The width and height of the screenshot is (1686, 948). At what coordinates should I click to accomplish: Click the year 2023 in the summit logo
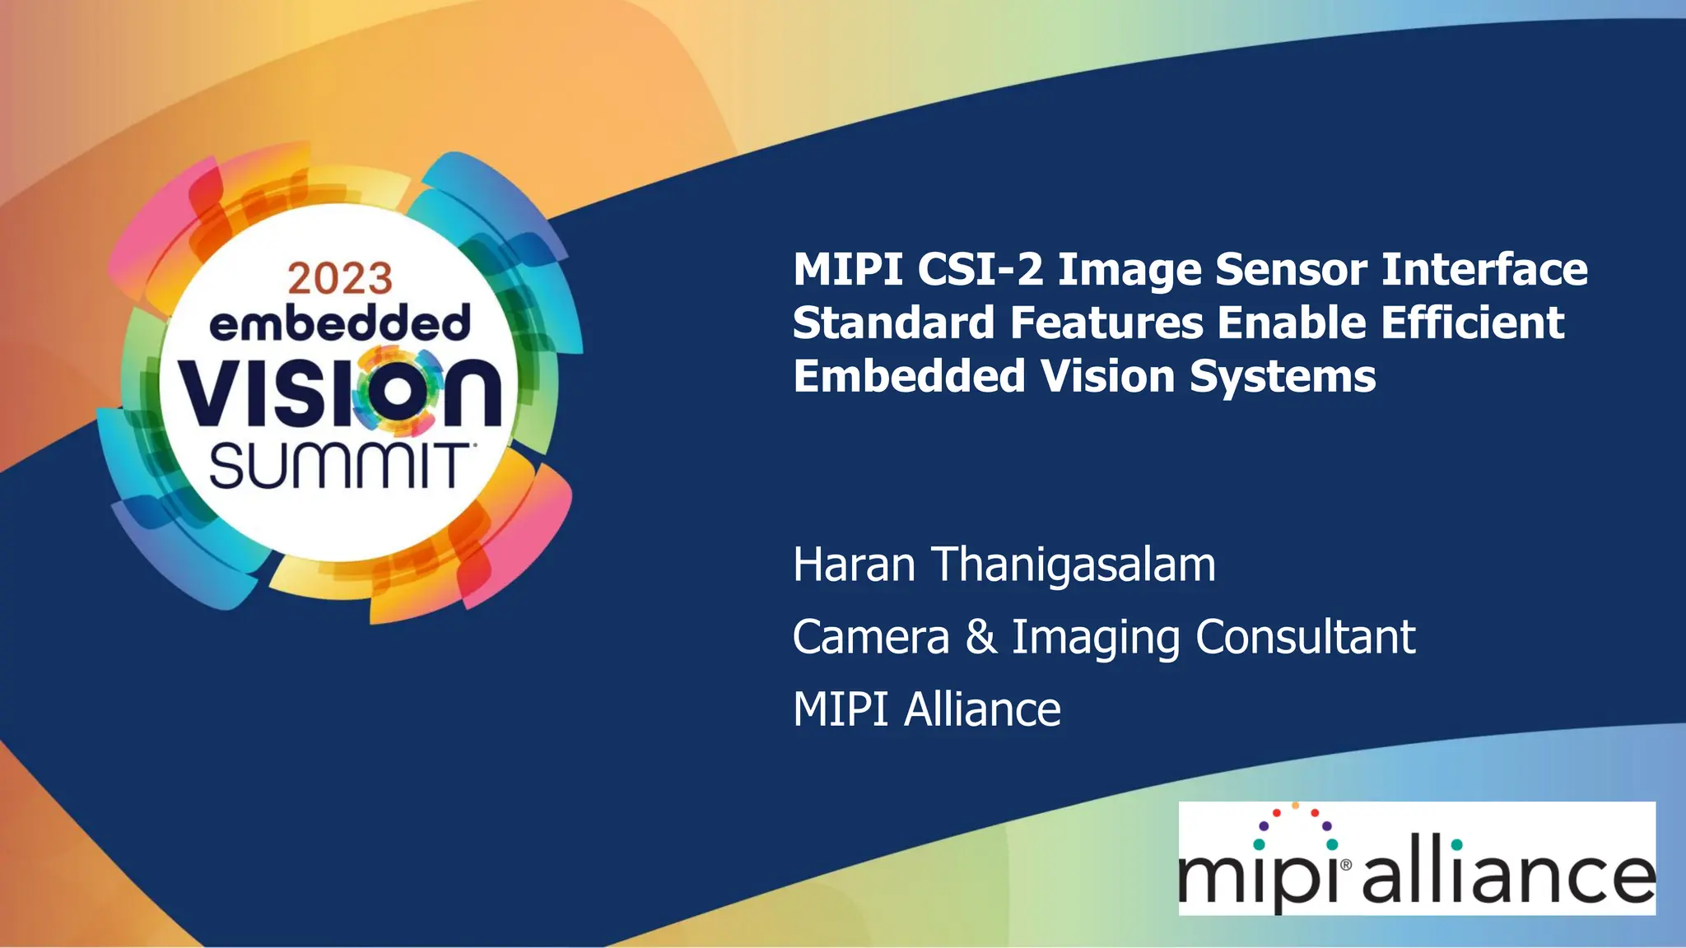point(340,279)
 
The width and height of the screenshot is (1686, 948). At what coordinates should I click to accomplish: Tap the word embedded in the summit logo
point(340,323)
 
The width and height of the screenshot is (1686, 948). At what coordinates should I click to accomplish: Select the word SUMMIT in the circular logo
point(338,467)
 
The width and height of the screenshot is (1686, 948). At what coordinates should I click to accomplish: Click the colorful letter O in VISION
point(397,391)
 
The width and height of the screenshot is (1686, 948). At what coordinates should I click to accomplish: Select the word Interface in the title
point(1484,269)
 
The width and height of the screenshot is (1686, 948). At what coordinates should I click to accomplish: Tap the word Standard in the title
point(893,323)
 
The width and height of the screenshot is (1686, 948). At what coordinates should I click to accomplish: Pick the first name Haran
point(854,565)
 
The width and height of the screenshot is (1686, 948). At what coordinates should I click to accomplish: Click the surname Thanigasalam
point(1074,565)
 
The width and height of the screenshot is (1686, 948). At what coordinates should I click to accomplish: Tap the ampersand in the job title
point(980,637)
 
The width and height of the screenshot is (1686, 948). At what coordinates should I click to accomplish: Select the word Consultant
point(1305,637)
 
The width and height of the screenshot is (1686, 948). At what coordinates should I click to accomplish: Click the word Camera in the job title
point(871,637)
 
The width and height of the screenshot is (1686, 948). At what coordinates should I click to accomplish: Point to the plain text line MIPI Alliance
point(927,709)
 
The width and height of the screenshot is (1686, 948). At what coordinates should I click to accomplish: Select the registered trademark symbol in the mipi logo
point(1346,865)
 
